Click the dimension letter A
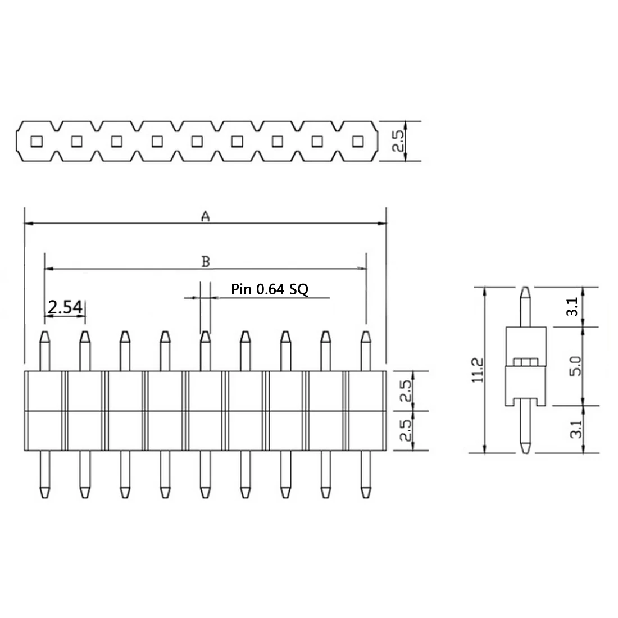pyautogui.click(x=205, y=216)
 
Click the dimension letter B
pyautogui.click(x=205, y=262)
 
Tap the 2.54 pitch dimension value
pyautogui.click(x=65, y=307)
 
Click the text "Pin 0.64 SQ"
pyautogui.click(x=270, y=289)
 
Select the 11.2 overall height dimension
pyautogui.click(x=478, y=370)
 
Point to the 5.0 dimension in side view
pyautogui.click(x=575, y=366)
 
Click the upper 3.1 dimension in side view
pyautogui.click(x=572, y=307)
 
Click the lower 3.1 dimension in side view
pyautogui.click(x=576, y=429)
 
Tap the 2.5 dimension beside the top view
pyautogui.click(x=398, y=141)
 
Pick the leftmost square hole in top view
pyautogui.click(x=37, y=141)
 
